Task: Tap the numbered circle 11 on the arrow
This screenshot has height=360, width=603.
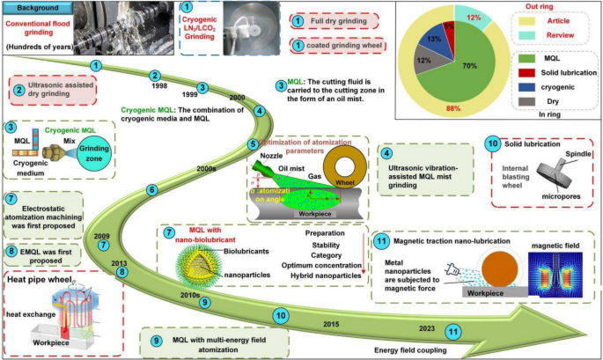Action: pyautogui.click(x=452, y=332)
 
